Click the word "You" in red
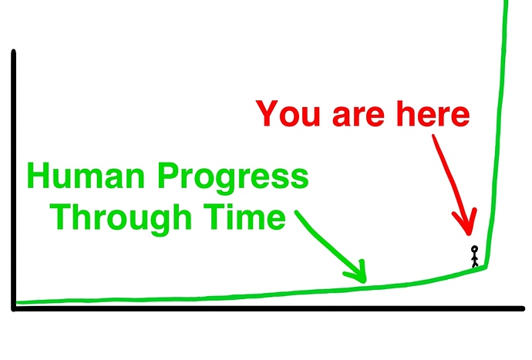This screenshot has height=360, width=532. coord(288,113)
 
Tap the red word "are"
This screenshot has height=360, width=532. coord(359,117)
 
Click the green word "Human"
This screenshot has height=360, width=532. coord(86,176)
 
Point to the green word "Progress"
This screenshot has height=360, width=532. coord(233,179)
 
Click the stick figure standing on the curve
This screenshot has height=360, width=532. coord(475,257)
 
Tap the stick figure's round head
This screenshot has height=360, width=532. coord(475,249)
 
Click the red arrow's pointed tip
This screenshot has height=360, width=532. coord(469,234)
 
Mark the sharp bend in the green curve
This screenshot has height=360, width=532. coord(487,267)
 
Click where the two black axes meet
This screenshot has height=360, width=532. coord(14,308)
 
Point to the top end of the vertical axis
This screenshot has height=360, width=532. coord(14,52)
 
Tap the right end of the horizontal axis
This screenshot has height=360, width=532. coord(524,308)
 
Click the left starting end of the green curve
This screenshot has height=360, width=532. coord(17,302)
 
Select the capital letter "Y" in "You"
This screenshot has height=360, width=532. coord(268,113)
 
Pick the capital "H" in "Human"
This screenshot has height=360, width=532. coord(38,176)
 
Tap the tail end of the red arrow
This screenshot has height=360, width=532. coord(433,136)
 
